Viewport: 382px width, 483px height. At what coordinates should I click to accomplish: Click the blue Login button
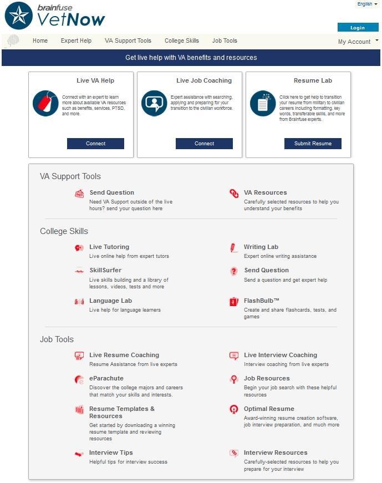click(358, 28)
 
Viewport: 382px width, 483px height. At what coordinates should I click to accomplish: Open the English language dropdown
click(367, 4)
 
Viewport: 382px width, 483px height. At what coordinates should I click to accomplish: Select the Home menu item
click(40, 40)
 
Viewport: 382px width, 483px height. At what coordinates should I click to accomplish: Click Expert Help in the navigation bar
click(76, 40)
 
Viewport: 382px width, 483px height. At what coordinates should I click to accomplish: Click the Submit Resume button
click(313, 144)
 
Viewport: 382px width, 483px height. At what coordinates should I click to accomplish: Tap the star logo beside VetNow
click(18, 16)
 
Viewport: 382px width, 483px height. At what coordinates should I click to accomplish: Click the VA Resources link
click(265, 192)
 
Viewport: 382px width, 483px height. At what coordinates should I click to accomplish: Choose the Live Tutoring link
click(109, 247)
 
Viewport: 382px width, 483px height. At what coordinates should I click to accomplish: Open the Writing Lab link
click(261, 247)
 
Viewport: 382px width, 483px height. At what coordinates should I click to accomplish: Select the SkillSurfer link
click(105, 270)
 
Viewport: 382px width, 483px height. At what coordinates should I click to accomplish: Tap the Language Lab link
click(110, 301)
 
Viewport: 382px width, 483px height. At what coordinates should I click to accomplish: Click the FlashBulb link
click(261, 301)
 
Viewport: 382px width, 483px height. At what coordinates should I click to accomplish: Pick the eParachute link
click(106, 378)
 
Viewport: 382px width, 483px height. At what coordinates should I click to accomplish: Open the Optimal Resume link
click(269, 409)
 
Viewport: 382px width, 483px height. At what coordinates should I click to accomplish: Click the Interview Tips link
click(111, 453)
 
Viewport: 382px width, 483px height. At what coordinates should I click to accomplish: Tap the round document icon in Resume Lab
click(262, 103)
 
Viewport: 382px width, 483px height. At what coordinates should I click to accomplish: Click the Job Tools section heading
click(57, 339)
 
